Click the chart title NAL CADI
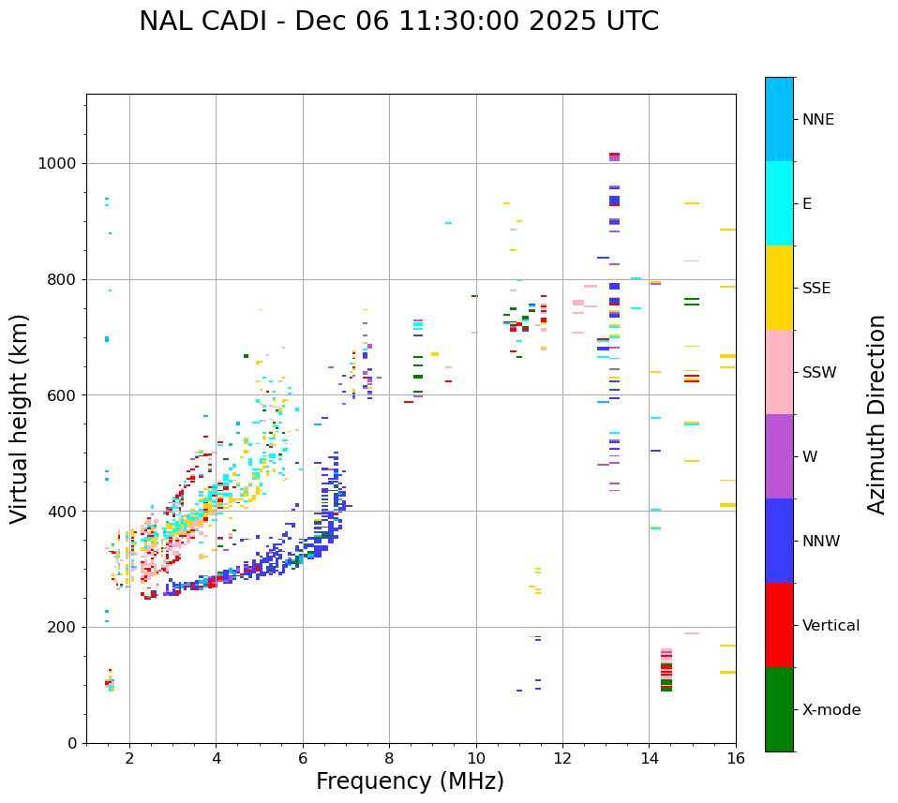(398, 22)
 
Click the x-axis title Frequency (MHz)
(410, 781)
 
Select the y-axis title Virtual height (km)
(20, 419)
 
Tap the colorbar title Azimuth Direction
(876, 414)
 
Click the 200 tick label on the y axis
(62, 627)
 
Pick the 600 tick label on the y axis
(62, 395)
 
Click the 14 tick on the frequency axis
(649, 758)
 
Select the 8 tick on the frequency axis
(389, 758)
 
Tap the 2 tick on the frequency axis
(129, 758)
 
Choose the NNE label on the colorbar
(817, 120)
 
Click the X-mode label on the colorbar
(831, 710)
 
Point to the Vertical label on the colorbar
(831, 626)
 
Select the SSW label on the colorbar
(819, 373)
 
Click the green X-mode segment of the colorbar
(779, 709)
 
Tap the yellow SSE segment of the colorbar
(779, 288)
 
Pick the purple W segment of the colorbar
(779, 456)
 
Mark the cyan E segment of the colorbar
(779, 203)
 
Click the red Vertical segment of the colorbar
(779, 625)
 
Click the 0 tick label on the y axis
(71, 743)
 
